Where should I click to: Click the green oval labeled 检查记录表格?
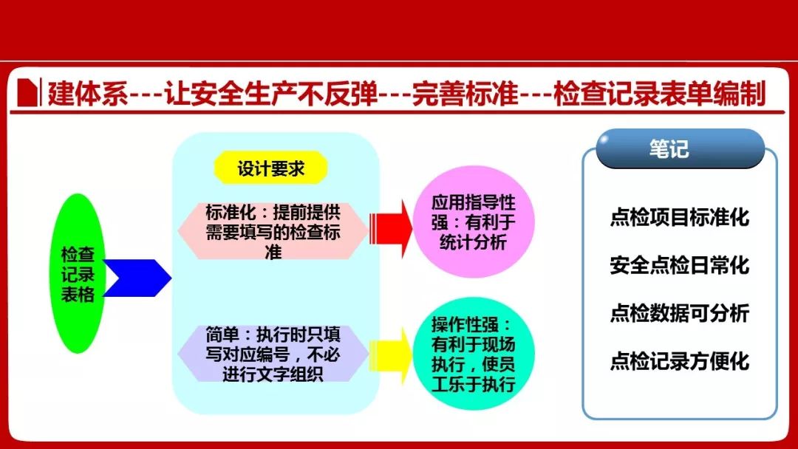tap(78, 273)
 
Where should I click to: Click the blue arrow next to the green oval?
tap(137, 278)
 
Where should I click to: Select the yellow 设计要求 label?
tap(270, 168)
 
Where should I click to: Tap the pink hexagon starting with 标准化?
tap(273, 231)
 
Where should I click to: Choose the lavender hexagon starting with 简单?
tap(273, 354)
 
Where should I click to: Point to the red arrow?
tap(391, 228)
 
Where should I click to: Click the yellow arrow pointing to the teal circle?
tap(391, 355)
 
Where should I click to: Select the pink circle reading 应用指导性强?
tap(474, 222)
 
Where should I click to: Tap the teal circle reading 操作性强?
tap(474, 354)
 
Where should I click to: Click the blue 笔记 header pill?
tap(680, 148)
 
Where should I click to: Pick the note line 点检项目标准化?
tap(680, 217)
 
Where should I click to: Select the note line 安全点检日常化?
tap(680, 265)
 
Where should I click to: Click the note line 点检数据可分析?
tap(680, 312)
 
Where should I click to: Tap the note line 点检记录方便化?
tap(680, 360)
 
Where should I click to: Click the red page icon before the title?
tap(28, 92)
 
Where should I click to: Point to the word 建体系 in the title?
tap(87, 94)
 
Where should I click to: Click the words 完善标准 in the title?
tap(465, 94)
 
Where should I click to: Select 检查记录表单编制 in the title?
tap(660, 94)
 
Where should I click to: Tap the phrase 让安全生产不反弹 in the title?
tap(270, 94)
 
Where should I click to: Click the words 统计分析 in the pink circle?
tap(474, 242)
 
